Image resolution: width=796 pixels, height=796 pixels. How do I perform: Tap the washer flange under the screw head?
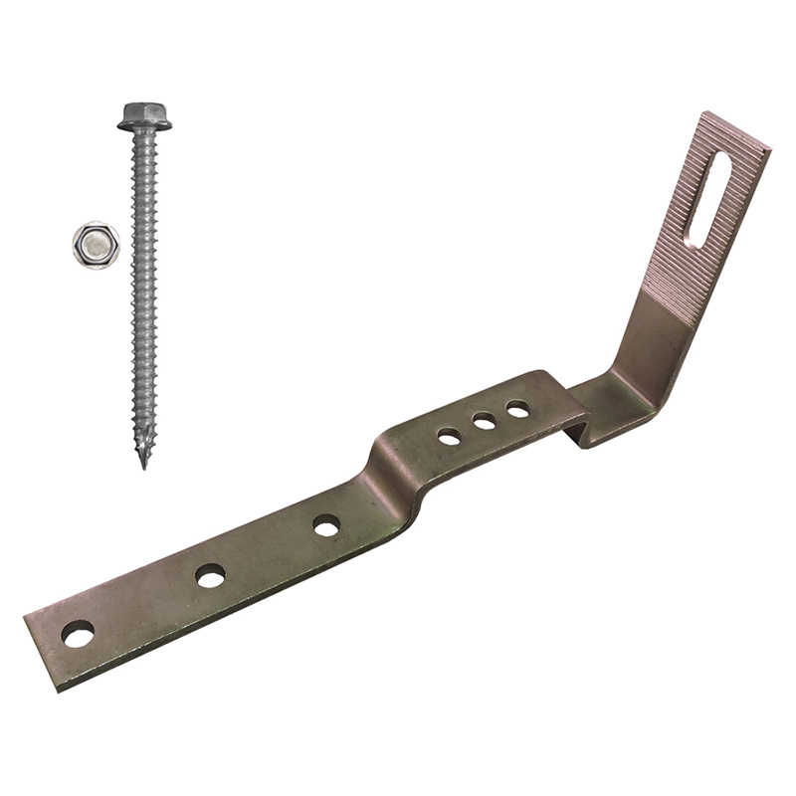point(144,124)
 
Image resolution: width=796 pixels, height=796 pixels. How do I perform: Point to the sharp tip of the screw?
point(143,463)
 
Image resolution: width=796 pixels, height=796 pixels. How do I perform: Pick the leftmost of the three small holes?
point(449,436)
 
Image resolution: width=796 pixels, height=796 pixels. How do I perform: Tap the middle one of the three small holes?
point(485,422)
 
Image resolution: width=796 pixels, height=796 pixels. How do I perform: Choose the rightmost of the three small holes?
point(517,409)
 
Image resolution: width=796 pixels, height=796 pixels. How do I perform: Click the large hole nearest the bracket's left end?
point(78,633)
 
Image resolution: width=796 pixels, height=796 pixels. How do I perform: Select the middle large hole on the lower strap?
point(210,575)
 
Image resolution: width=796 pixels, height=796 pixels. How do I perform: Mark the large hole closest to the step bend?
point(326,525)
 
